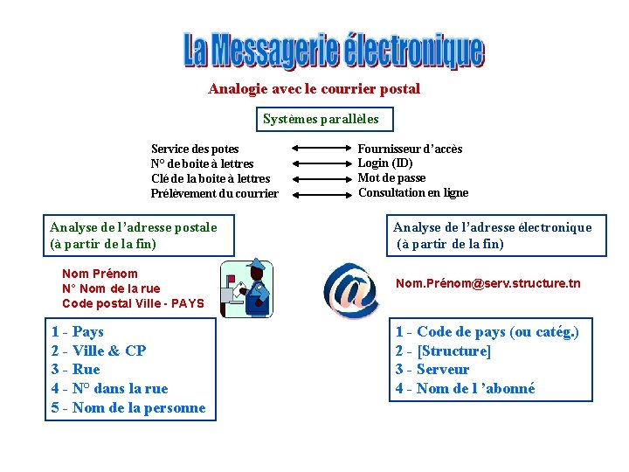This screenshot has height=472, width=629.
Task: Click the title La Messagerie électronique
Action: coord(333,50)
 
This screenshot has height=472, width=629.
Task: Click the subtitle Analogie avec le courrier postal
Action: coord(314,89)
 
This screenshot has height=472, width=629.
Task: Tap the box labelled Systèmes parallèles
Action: coord(321,119)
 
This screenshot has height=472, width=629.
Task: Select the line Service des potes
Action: coord(195,149)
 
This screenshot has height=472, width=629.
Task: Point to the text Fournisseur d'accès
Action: coord(410,149)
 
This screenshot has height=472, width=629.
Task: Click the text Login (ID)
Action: coord(385,163)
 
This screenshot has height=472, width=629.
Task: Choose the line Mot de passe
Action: coord(392,178)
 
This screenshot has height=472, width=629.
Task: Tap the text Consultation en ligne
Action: coord(413,193)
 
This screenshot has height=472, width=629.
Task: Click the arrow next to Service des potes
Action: coord(319,149)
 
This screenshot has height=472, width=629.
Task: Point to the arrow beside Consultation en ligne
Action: coord(319,193)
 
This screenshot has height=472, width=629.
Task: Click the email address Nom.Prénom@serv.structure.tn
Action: coord(487,283)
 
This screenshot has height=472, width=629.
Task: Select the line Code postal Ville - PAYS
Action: coord(133,304)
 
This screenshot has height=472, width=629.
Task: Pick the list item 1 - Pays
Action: coord(78,332)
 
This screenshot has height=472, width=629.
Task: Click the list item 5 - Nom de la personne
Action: coord(128,408)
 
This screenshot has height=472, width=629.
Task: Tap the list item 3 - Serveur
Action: coord(432,370)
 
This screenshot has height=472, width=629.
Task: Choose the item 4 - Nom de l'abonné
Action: coord(465,389)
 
